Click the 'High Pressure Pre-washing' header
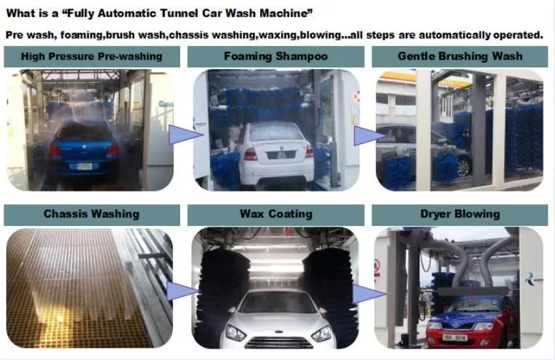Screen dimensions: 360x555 pos(92,57)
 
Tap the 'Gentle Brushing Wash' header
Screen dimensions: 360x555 pos(460,57)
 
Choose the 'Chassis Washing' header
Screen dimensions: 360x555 pos(92,214)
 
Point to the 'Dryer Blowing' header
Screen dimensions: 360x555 pos(460,214)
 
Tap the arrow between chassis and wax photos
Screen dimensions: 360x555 pos(182,290)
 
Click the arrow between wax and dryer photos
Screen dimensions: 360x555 pos(366,293)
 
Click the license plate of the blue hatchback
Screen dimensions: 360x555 pos(84,166)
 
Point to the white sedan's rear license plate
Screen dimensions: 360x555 pos(275,153)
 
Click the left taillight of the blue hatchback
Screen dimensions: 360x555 pos(55,150)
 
